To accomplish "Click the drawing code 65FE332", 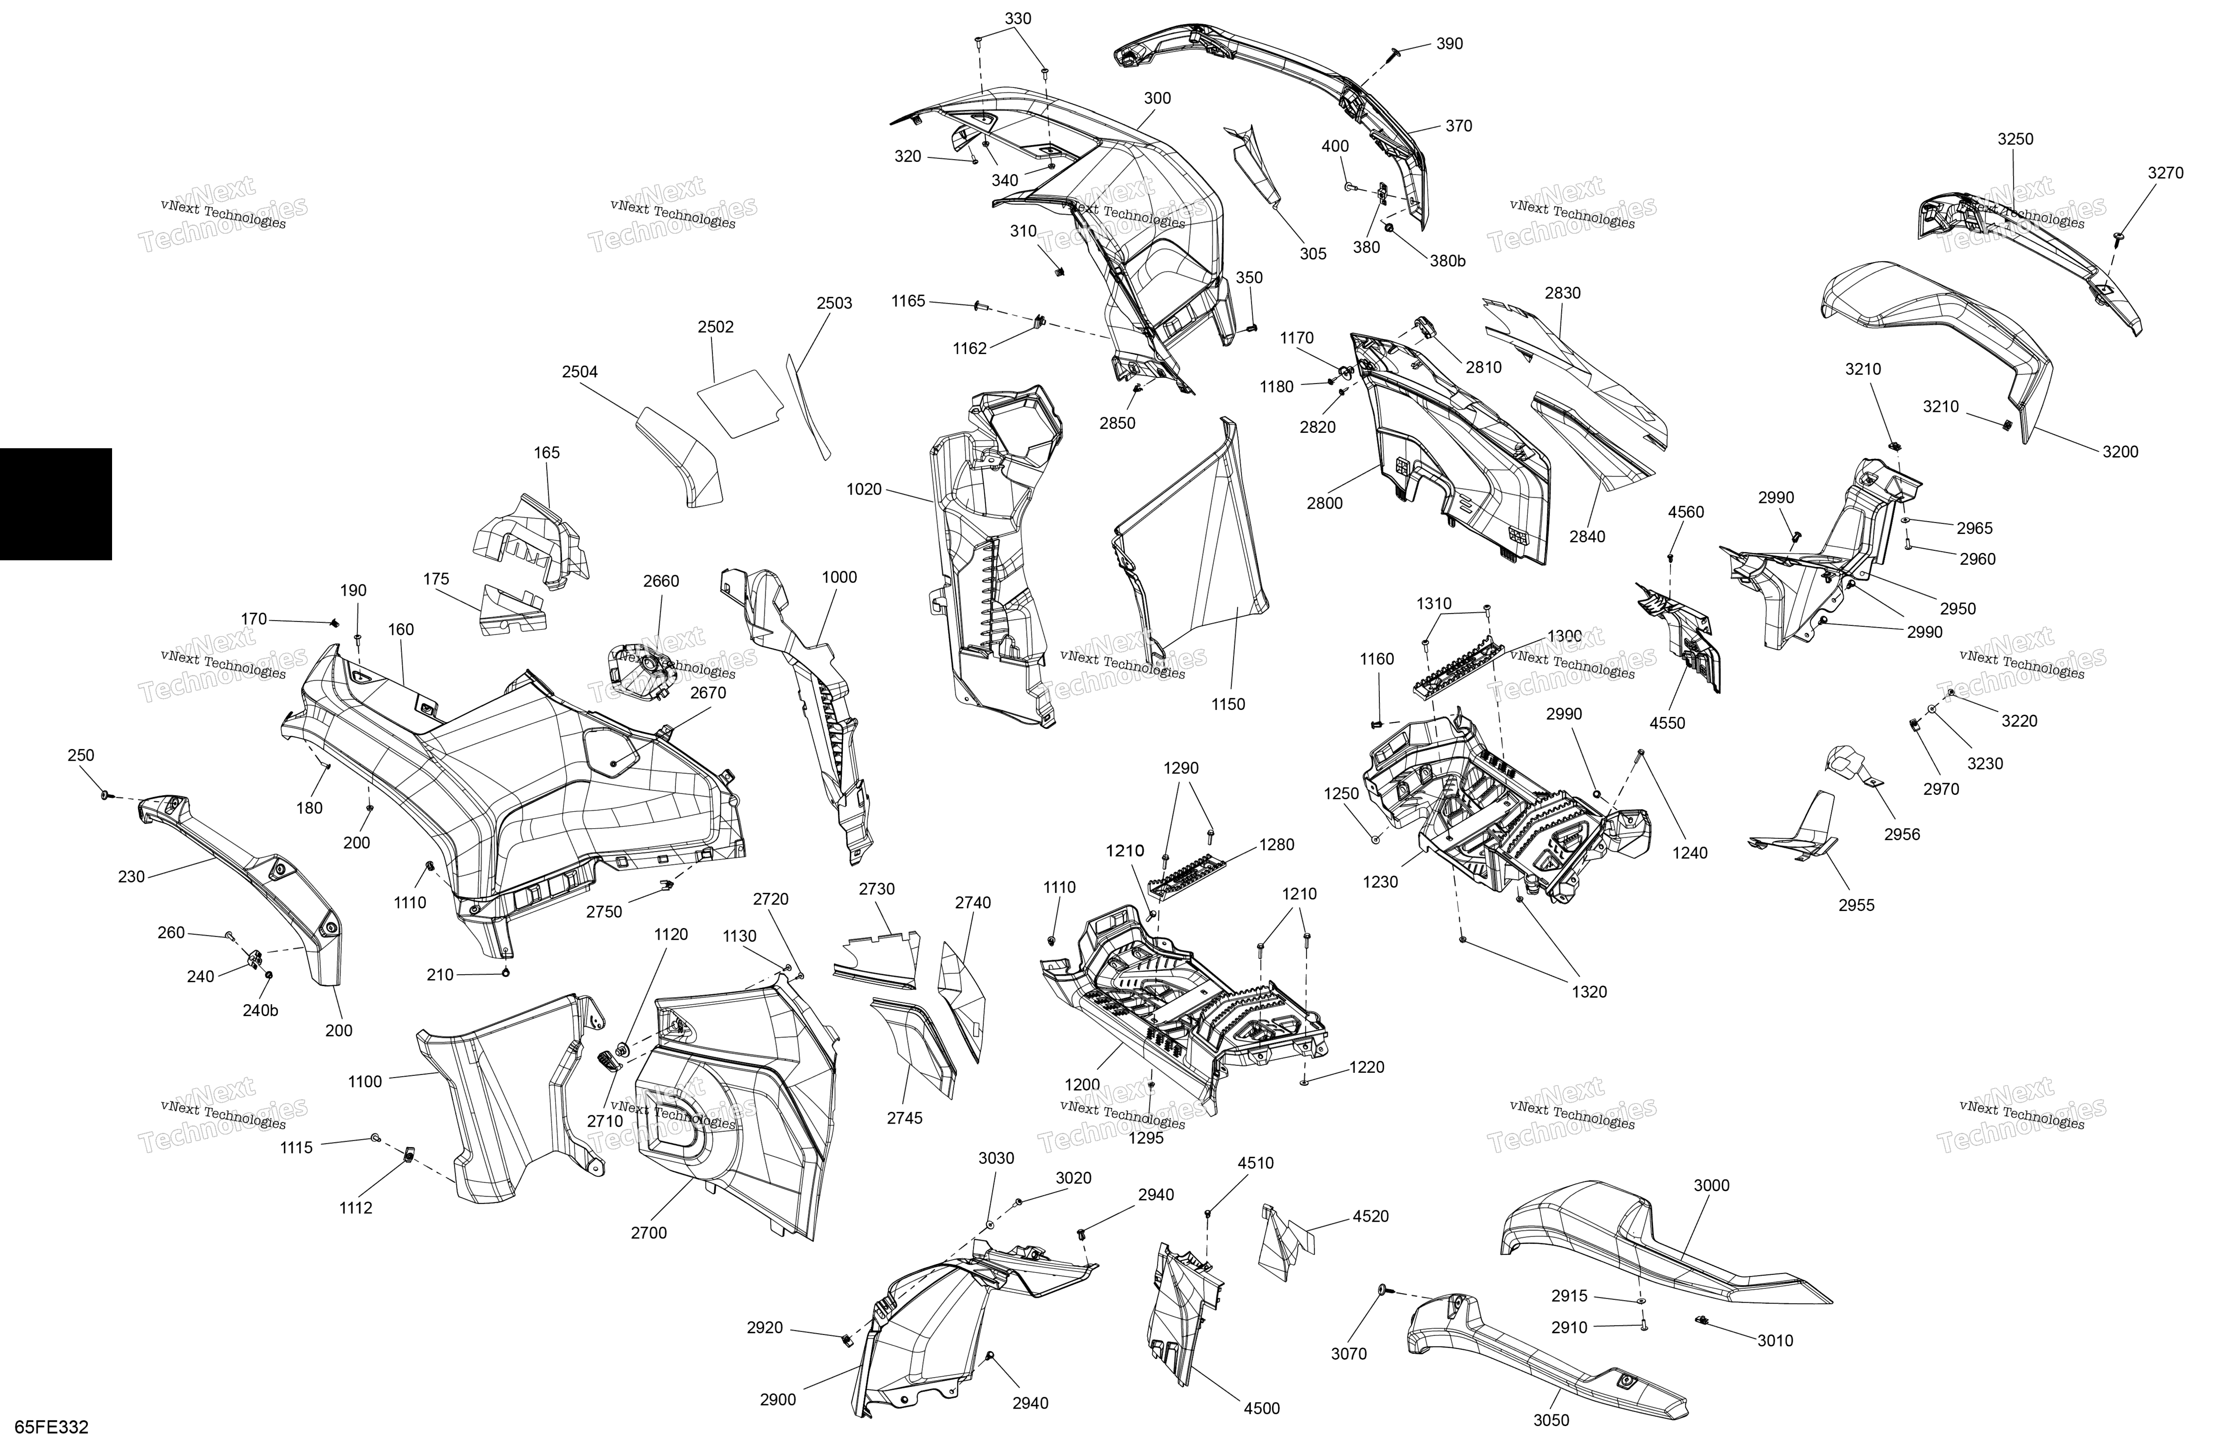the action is tap(53, 1427).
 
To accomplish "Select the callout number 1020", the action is tap(864, 489).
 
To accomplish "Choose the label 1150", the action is tap(1228, 704).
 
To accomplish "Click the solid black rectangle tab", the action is tap(56, 504).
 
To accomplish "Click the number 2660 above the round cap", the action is tap(661, 581).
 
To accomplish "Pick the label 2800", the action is tap(1324, 503).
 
